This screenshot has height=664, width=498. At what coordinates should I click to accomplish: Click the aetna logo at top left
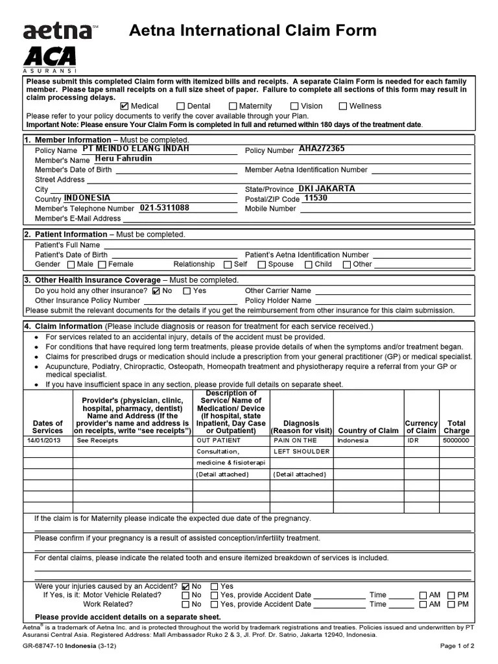coord(57,30)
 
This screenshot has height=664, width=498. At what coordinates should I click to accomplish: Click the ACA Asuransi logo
coord(50,58)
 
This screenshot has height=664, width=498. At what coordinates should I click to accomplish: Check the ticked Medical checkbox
coord(125,106)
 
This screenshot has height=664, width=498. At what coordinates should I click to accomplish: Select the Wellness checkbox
coord(344,106)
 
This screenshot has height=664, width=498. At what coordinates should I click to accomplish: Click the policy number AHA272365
coord(322,149)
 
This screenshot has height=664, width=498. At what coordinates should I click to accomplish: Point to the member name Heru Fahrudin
coord(123,159)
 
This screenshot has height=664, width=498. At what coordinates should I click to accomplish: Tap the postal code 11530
coord(316,198)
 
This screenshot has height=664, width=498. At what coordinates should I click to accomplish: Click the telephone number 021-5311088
coord(165,208)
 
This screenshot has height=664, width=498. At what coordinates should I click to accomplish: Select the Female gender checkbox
coord(102,265)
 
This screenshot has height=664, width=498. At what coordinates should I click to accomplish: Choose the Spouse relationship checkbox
coord(261,265)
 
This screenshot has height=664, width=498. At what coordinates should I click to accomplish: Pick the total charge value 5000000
coord(456,440)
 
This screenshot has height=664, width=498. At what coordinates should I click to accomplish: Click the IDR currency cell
coord(413,440)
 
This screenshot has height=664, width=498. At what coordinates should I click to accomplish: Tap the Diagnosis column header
coord(302,427)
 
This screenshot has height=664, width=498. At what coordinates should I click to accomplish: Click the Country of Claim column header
coord(368,431)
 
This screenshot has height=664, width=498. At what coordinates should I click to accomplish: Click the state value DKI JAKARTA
coord(327,189)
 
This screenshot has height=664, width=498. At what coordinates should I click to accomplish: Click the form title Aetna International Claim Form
coord(253,30)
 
